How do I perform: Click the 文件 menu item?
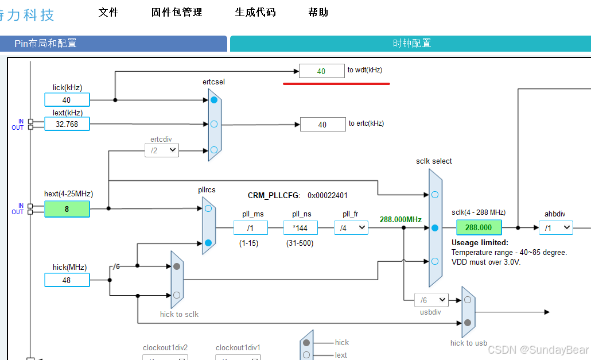[108, 12]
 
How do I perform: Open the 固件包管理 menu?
[176, 12]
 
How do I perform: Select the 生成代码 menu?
[255, 12]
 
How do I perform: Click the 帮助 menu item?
[318, 12]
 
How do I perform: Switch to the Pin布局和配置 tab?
[113, 44]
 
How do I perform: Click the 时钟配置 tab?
[411, 44]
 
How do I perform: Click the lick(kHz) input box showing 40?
[67, 100]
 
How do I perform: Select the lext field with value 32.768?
[67, 124]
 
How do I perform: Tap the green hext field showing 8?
[67, 209]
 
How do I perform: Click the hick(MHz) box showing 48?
[67, 280]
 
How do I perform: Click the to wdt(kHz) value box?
[321, 71]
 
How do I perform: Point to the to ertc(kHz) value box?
[322, 125]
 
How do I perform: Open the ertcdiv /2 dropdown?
[161, 150]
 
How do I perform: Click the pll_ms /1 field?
[250, 228]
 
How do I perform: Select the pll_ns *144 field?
[300, 228]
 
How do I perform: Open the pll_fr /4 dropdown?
[351, 228]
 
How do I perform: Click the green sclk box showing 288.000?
[479, 227]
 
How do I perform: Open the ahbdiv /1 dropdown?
[555, 228]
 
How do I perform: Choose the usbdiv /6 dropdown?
[431, 300]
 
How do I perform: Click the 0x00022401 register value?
[328, 195]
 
